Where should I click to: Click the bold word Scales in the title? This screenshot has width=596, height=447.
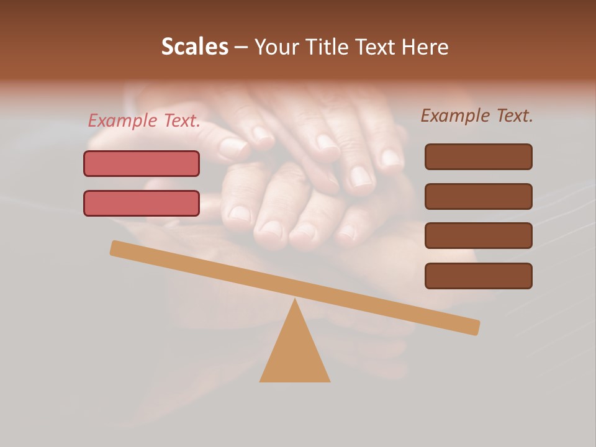point(195,47)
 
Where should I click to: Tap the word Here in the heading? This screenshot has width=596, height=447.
point(424,47)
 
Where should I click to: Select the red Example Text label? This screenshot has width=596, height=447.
point(144,121)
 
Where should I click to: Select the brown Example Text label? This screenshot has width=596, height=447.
point(477,115)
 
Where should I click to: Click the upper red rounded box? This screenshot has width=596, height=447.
point(142,163)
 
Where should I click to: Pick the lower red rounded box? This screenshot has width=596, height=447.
point(142,203)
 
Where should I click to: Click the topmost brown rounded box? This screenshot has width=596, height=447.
point(478,156)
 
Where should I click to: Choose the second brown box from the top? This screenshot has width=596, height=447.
point(478,196)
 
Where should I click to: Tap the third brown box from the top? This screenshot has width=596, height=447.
point(478,235)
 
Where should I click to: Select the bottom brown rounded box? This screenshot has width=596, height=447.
point(478,276)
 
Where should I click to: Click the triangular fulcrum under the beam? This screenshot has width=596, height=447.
point(295,354)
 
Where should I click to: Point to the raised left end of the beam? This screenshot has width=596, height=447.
point(117,248)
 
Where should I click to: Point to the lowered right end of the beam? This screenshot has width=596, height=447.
point(473,327)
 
